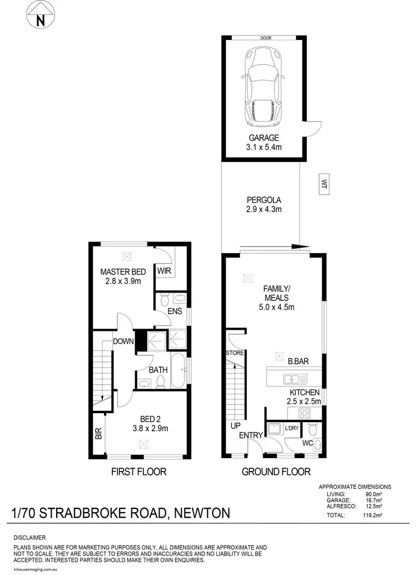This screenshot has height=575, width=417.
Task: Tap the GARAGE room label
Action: (x=264, y=138)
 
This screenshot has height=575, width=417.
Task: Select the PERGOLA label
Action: (x=264, y=200)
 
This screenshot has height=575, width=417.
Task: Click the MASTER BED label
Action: (x=123, y=272)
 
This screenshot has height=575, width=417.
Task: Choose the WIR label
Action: (x=164, y=271)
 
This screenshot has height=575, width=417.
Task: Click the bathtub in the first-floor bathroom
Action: (x=179, y=370)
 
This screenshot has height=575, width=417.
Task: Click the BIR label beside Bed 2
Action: (x=98, y=434)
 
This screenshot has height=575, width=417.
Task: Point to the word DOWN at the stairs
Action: (x=122, y=341)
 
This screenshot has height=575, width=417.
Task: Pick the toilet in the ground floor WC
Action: (x=313, y=429)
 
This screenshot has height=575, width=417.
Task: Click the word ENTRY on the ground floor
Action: (x=251, y=435)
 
